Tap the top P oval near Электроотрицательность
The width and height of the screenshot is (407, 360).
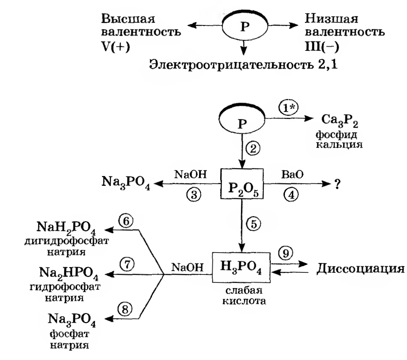245,27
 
